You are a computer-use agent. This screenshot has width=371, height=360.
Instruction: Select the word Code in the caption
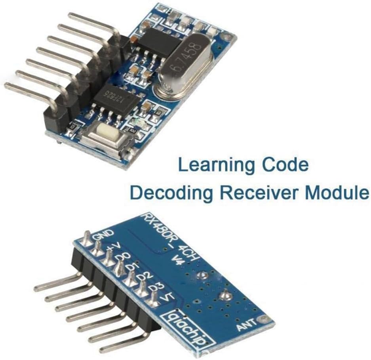(285, 165)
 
